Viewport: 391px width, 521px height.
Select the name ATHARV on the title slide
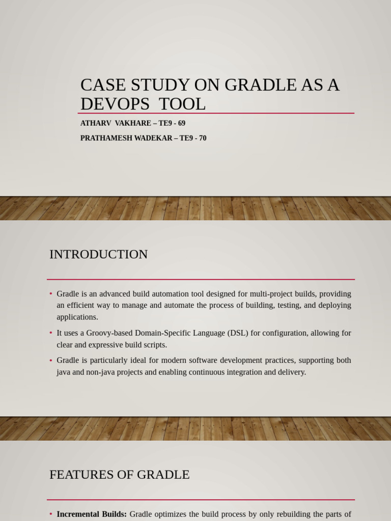95,123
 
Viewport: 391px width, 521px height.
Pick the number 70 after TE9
202,138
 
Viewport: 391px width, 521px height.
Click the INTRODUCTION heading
98,254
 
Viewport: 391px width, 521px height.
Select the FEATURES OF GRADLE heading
119,475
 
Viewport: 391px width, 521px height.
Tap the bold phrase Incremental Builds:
92,514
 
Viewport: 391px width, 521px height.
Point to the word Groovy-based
110,333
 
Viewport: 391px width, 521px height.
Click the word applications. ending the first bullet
77,317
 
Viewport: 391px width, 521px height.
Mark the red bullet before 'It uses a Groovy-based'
51,333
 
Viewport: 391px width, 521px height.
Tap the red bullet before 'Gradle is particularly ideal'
51,360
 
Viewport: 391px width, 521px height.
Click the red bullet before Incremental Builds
51,514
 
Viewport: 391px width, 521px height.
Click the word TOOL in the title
182,104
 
